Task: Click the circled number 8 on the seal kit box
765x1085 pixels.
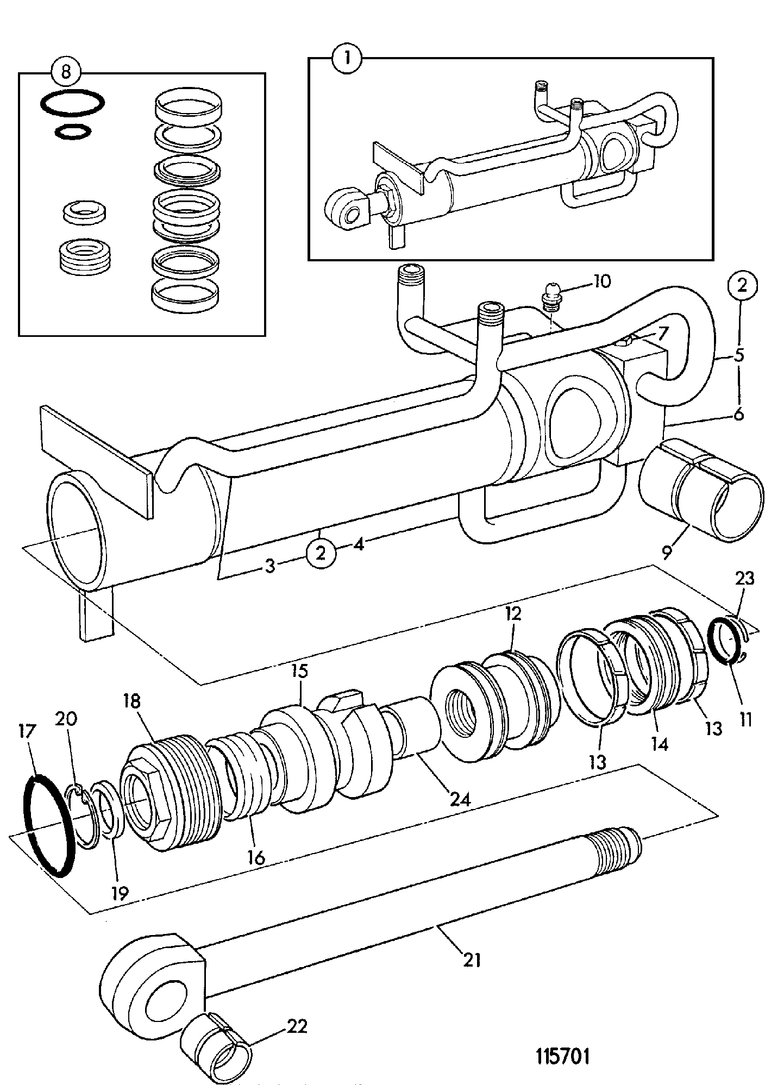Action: point(66,72)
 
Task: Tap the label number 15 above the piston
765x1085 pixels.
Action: point(299,672)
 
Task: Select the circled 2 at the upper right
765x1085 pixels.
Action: point(743,286)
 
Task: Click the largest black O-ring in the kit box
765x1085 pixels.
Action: point(73,103)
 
